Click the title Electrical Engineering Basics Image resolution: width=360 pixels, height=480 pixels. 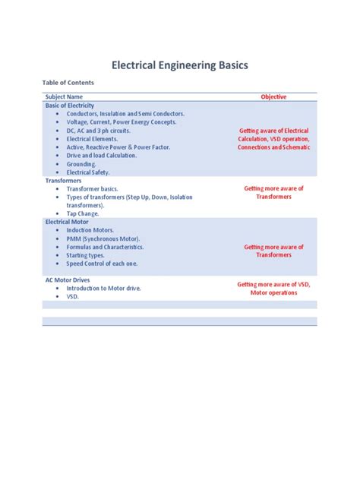(x=179, y=66)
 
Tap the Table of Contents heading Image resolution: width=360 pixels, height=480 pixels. (x=66, y=85)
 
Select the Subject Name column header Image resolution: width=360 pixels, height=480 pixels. (x=64, y=97)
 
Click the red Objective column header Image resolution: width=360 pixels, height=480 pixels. (x=273, y=97)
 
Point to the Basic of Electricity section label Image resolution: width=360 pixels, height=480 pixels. (x=70, y=106)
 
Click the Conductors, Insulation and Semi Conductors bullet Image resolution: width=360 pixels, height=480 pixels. (x=125, y=114)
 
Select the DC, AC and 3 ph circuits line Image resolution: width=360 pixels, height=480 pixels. (x=98, y=131)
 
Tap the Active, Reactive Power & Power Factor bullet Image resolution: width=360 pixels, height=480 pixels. (x=118, y=147)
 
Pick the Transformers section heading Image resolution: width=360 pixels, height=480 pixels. (x=63, y=181)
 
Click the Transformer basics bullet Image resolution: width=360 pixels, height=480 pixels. (x=98, y=189)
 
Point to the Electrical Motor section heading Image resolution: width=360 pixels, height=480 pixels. (x=67, y=222)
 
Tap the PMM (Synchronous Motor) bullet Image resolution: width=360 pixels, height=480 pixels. (x=103, y=238)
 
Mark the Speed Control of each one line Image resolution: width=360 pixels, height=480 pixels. (x=106, y=264)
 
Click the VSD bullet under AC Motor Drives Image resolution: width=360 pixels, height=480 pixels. (x=73, y=297)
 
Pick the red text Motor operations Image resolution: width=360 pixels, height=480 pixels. (x=273, y=292)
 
